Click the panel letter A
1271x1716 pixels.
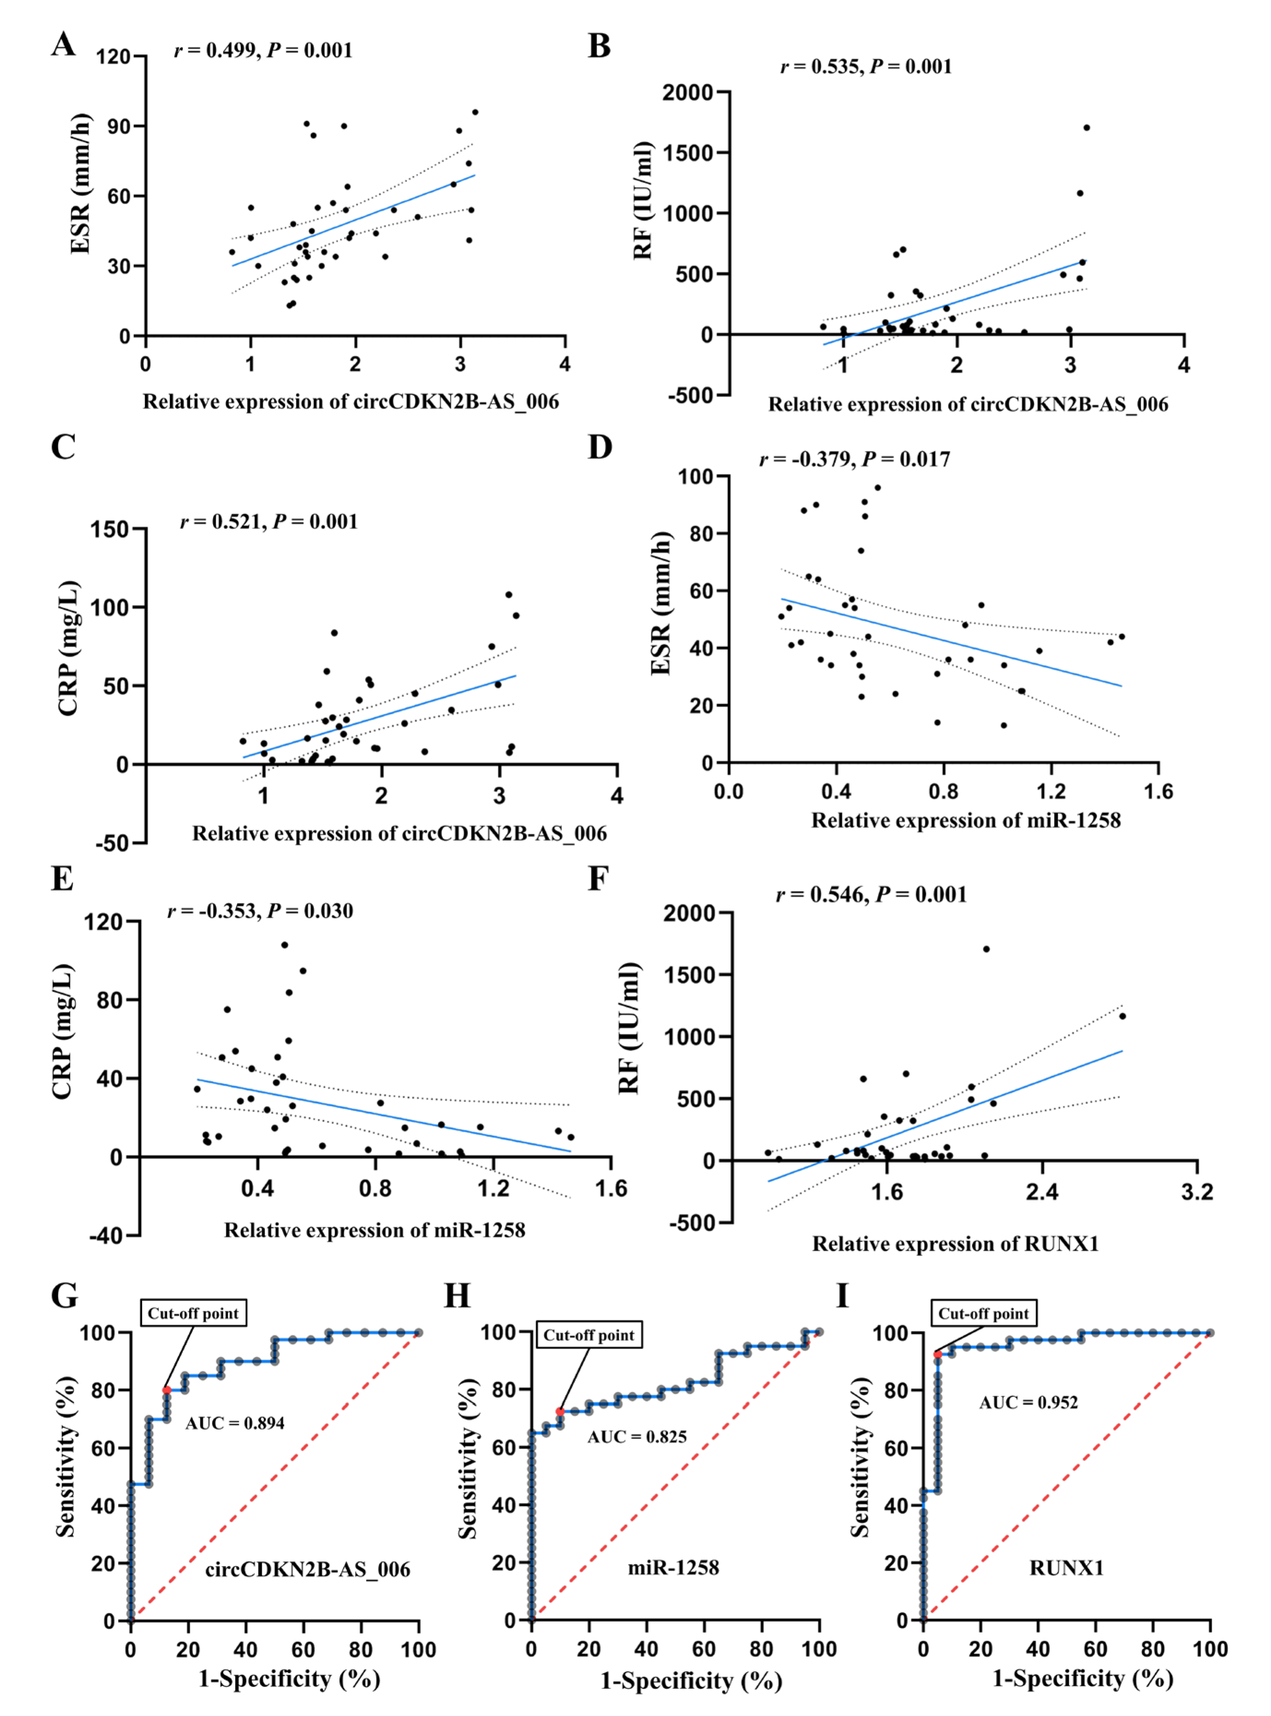pyautogui.click(x=64, y=45)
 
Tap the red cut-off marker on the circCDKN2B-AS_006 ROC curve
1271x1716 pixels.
pyautogui.click(x=167, y=1390)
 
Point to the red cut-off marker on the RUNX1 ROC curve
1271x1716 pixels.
pyautogui.click(x=937, y=1354)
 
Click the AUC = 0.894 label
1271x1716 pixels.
pyautogui.click(x=235, y=1423)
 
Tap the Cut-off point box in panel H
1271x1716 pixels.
pyautogui.click(x=589, y=1335)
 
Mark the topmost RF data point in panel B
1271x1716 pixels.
pyautogui.click(x=1086, y=128)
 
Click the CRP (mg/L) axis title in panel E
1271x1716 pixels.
pyautogui.click(x=63, y=1032)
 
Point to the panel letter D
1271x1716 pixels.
pyautogui.click(x=600, y=447)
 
